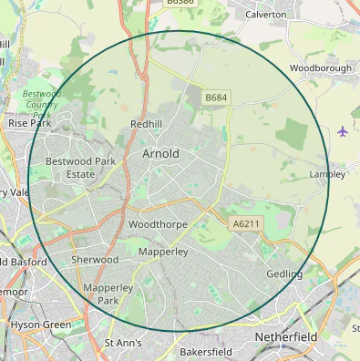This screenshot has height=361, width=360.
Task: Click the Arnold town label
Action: point(160,154)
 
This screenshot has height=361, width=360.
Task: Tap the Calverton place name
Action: point(265,15)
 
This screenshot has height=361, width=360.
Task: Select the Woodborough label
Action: point(320,68)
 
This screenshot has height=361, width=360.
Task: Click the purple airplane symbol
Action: point(343,131)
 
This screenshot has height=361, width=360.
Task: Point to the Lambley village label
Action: point(327,173)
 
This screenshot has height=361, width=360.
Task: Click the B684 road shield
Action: point(215,98)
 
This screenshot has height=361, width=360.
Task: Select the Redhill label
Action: point(146,123)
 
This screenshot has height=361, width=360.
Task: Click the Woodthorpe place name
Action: point(158,223)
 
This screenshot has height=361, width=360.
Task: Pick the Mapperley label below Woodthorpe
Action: point(163,251)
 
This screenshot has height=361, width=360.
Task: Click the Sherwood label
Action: point(95,260)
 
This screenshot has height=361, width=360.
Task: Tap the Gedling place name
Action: point(284,274)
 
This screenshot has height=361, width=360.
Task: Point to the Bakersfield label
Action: point(205,351)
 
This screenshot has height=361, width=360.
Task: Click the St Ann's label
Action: point(123,343)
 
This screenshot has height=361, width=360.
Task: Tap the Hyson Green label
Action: point(41,325)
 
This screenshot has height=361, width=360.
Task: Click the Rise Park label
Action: point(29,122)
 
